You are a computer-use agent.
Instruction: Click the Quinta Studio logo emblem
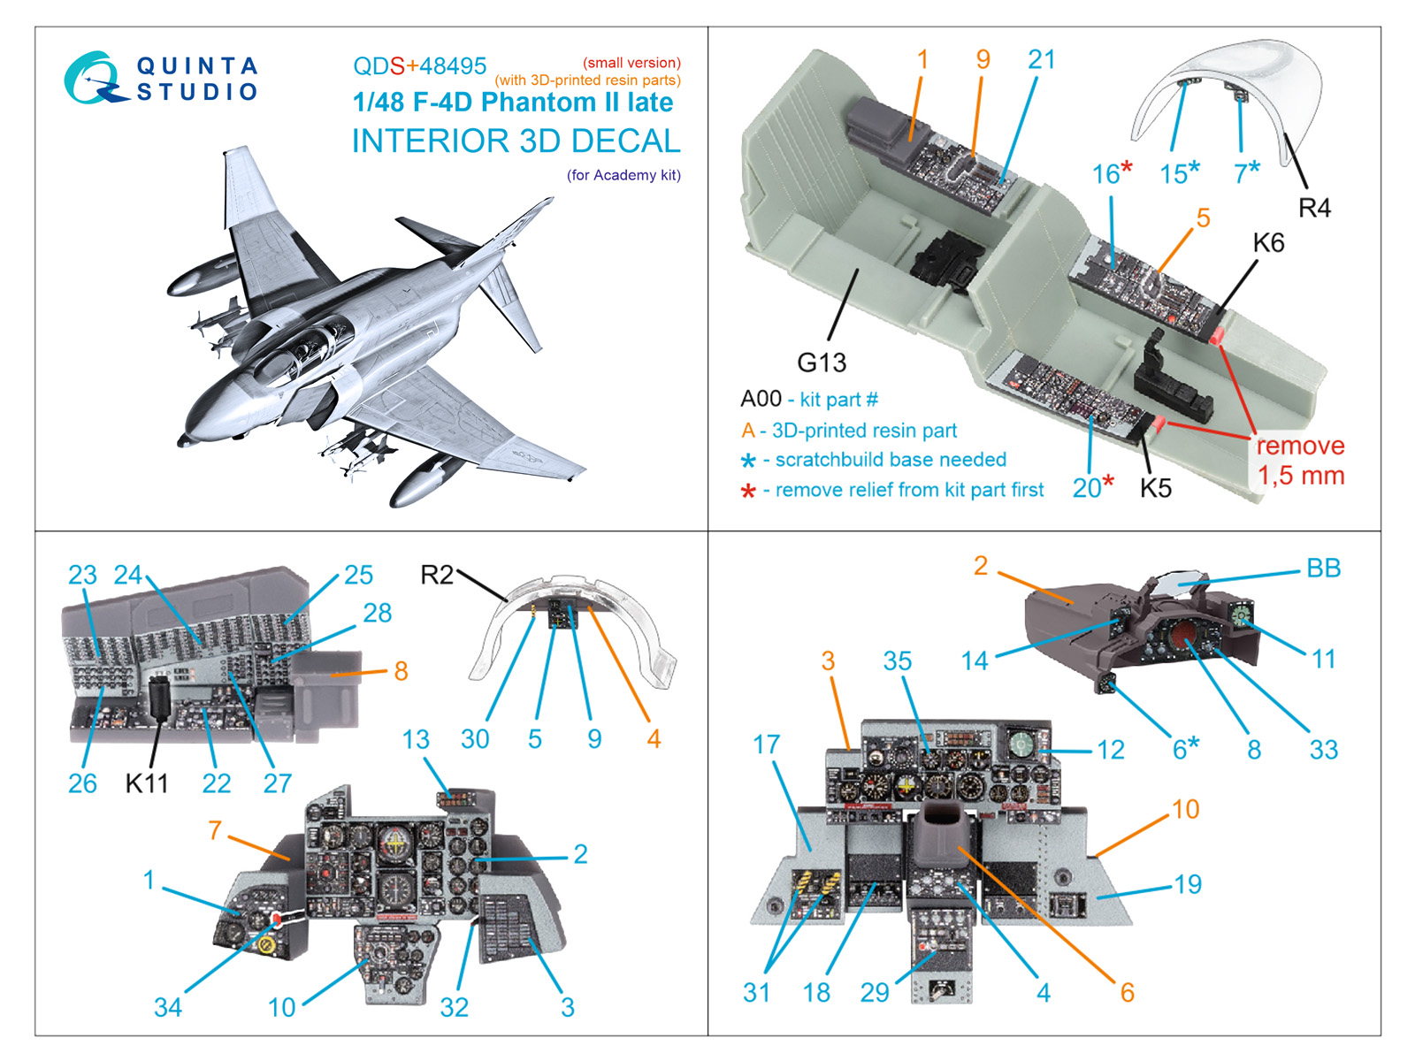tap(90, 78)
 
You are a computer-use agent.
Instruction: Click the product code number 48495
tap(453, 66)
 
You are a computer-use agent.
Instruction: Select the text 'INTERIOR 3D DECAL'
tap(516, 141)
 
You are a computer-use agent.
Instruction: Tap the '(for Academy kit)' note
tap(623, 175)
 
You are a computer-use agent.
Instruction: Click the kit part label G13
tap(821, 363)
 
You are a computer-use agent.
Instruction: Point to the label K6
tap(1268, 243)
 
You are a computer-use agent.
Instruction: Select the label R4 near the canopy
tap(1314, 208)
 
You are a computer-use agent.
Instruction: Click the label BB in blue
tap(1323, 569)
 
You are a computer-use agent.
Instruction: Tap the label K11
tap(146, 783)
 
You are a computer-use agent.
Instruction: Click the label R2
tap(436, 576)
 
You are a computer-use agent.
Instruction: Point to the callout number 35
tap(897, 661)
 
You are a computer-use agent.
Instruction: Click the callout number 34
tap(168, 1007)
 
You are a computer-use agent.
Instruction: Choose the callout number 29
tap(875, 993)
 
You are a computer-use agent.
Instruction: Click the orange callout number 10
tap(1185, 809)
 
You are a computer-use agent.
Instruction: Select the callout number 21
tap(1042, 60)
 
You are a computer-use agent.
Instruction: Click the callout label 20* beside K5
tap(1093, 487)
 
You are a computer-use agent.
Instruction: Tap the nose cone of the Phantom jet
tap(188, 437)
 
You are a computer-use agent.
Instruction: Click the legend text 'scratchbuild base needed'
tap(891, 460)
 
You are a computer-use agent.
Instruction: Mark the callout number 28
tap(378, 613)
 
